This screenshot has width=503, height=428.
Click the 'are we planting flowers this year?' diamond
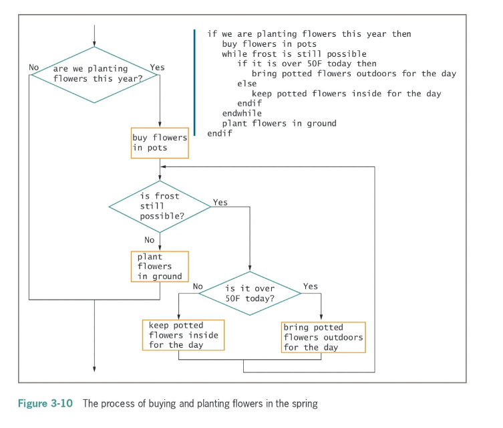(94, 74)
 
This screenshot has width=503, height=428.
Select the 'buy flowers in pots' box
(160, 142)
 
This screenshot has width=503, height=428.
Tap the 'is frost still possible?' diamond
(160, 207)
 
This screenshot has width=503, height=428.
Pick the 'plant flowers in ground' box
(160, 266)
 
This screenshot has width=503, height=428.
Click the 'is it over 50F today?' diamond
(250, 293)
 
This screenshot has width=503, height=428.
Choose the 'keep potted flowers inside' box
(183, 335)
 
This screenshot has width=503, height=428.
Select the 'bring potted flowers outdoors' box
(323, 337)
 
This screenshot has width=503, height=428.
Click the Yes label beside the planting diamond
(158, 68)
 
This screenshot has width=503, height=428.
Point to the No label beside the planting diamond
(34, 68)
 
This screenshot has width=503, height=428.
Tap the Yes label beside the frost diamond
(220, 201)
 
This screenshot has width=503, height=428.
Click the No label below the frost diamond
(150, 239)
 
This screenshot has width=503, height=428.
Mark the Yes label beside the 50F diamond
(311, 286)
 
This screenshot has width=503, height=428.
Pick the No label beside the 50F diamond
(198, 286)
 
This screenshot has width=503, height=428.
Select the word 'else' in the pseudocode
(246, 84)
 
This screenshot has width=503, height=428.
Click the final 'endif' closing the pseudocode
(220, 134)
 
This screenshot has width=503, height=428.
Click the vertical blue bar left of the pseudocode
(194, 83)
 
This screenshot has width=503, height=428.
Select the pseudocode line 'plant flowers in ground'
(279, 124)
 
